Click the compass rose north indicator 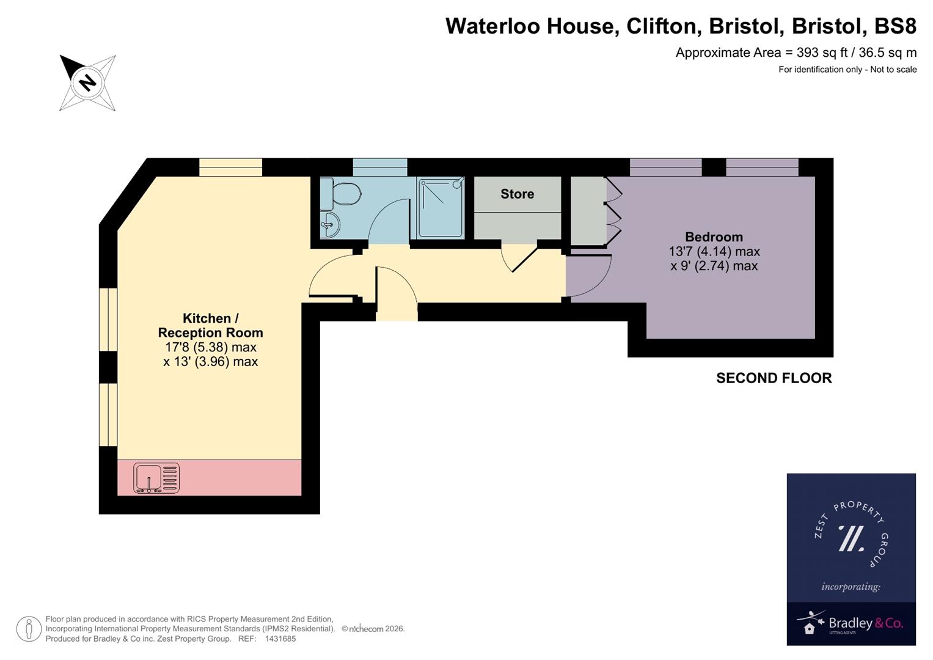click(x=87, y=82)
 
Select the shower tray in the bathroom click(x=441, y=208)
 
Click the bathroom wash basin click(x=329, y=225)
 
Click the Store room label click(x=517, y=194)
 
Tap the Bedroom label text click(x=714, y=237)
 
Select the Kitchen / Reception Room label click(x=210, y=326)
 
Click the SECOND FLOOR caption click(x=774, y=378)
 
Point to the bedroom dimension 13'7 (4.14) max click(x=714, y=252)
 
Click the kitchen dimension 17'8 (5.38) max click(x=210, y=347)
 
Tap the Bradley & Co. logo click(x=851, y=623)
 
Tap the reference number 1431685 click(x=280, y=639)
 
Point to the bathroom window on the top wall click(x=380, y=167)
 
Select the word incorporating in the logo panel click(x=851, y=587)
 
